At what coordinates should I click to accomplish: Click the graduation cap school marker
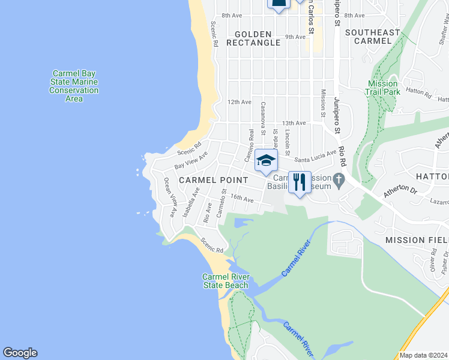point(266,160)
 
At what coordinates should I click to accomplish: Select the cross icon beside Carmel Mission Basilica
point(339,179)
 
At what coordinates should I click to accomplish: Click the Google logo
point(20,353)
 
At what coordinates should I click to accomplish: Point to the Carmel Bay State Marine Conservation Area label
point(74,86)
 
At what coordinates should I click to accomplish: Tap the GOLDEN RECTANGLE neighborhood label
point(253,38)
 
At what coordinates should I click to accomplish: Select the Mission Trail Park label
point(382,88)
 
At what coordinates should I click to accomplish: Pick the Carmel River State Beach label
point(225,281)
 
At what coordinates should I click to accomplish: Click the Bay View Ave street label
point(191,160)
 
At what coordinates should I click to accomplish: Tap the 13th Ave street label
point(294,123)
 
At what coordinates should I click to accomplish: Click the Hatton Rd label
point(419,93)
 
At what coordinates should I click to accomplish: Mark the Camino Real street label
point(251,142)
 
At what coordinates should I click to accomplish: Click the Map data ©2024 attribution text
point(423,355)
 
